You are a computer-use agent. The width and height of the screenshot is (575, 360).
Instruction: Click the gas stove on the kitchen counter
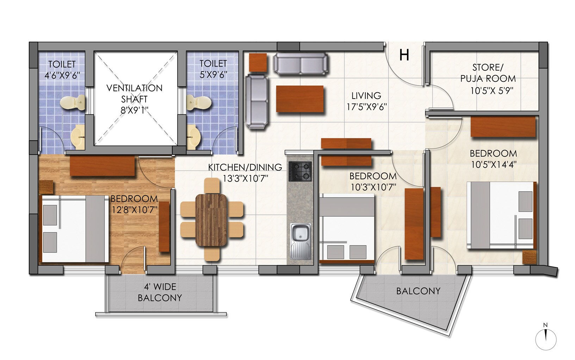(x=300, y=171)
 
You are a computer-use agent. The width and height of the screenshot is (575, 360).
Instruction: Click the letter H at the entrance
(x=404, y=55)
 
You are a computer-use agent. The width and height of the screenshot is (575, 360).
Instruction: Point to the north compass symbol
(x=545, y=339)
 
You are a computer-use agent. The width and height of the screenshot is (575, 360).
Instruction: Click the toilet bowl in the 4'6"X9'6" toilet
(x=72, y=102)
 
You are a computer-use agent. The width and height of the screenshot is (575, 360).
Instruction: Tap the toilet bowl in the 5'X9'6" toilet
(x=200, y=102)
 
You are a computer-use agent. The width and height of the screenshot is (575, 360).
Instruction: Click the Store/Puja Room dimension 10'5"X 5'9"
(x=492, y=91)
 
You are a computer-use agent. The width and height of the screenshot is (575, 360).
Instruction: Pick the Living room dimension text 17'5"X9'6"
(x=366, y=107)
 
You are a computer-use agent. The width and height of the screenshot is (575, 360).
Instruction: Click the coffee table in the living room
(x=300, y=99)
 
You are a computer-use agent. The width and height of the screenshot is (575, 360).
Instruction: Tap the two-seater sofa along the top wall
(x=300, y=63)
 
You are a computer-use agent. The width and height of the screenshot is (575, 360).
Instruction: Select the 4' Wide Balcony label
(x=160, y=292)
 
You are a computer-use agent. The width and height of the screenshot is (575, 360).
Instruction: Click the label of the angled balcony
(x=418, y=291)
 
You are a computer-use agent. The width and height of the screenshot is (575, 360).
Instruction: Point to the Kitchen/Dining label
(x=245, y=167)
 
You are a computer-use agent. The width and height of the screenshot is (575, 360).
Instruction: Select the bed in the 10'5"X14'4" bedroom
(x=500, y=215)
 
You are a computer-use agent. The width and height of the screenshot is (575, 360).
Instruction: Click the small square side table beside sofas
(x=257, y=63)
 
